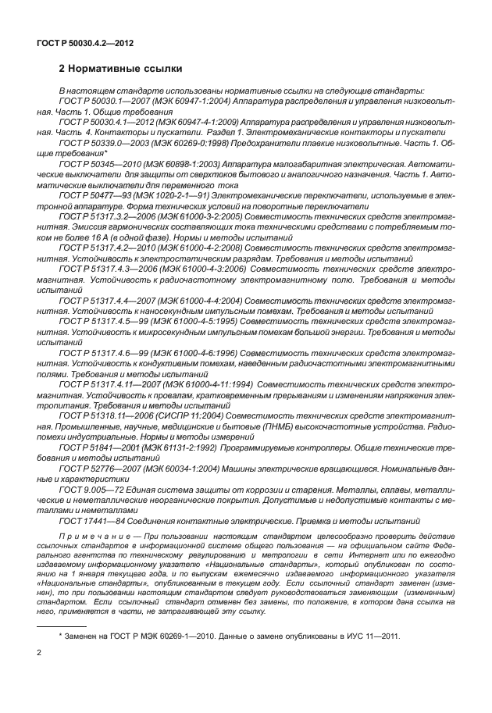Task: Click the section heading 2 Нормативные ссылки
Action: pos(121,69)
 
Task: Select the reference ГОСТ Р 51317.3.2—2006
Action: pos(105,216)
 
